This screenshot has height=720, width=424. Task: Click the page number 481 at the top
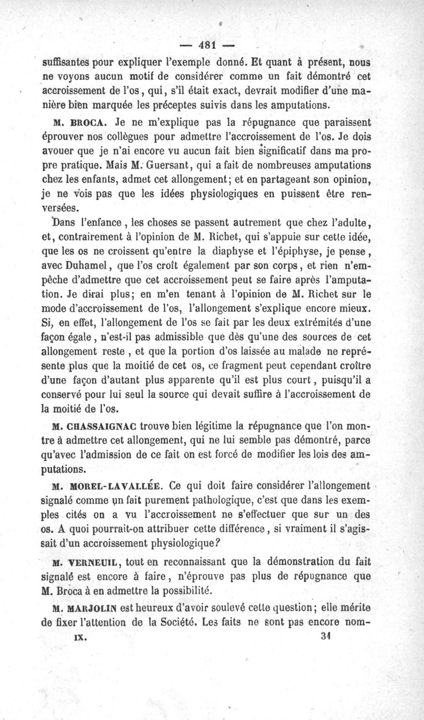coord(212,45)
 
